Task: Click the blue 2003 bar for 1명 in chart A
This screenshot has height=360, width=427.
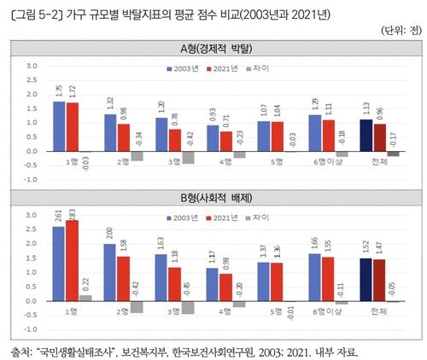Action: pyautogui.click(x=59, y=126)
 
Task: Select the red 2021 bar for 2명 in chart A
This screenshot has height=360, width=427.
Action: pyautogui.click(x=123, y=137)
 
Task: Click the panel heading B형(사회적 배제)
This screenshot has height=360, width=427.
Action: pyautogui.click(x=214, y=198)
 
